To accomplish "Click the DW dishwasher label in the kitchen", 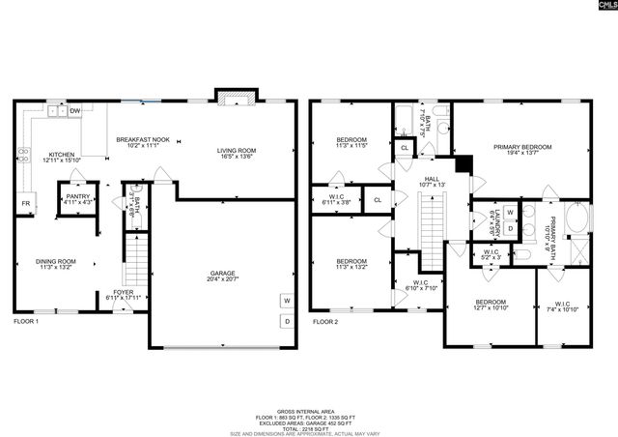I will pyautogui.click(x=74, y=111).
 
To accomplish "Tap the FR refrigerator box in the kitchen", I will pyautogui.click(x=25, y=204).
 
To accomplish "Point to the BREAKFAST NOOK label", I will pyautogui.click(x=143, y=140).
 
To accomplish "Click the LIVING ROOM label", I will pyautogui.click(x=236, y=150).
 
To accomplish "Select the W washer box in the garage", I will pyautogui.click(x=286, y=301).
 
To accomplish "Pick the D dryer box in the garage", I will pyautogui.click(x=286, y=321).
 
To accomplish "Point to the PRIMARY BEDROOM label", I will pyautogui.click(x=520, y=147).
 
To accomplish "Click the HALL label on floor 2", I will pyautogui.click(x=432, y=179).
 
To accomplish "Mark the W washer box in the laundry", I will pyautogui.click(x=510, y=211).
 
